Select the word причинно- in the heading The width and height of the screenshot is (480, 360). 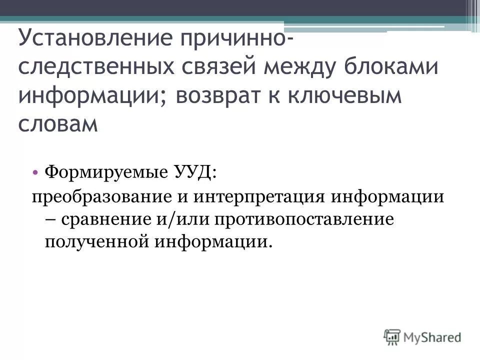(236, 38)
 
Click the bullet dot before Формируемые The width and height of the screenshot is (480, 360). (38, 172)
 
